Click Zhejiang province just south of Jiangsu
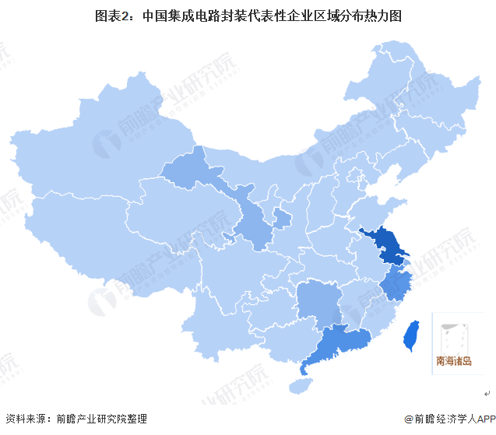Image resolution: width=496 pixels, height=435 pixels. (396, 284)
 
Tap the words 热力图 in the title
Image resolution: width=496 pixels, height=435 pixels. (385, 15)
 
